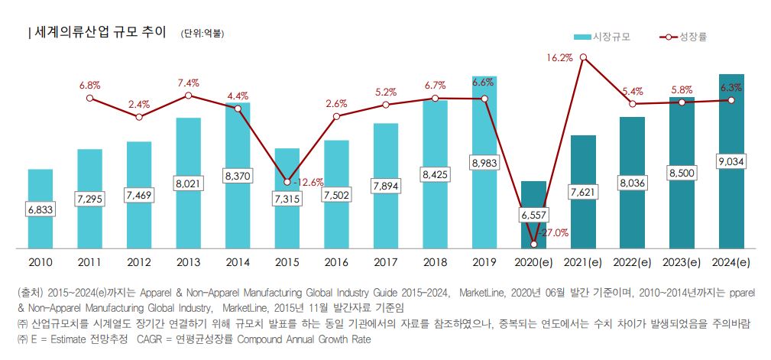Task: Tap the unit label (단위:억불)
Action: [x=202, y=34]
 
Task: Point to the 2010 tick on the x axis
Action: [x=40, y=262]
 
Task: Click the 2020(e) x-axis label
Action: [x=534, y=262]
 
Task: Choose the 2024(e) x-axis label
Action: [x=731, y=262]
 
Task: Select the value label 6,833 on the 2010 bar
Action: [x=40, y=209]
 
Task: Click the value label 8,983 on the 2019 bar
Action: [x=484, y=163]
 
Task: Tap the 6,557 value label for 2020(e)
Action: [x=534, y=215]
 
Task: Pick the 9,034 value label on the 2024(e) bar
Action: [x=731, y=162]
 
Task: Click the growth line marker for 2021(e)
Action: [x=583, y=57]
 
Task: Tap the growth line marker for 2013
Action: [x=189, y=96]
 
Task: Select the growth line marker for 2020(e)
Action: [x=534, y=244]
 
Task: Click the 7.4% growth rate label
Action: [x=188, y=83]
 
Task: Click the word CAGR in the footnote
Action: [x=151, y=338]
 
